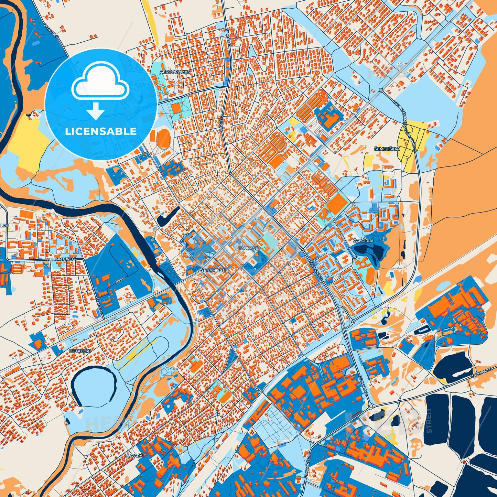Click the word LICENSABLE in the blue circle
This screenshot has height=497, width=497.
[101, 131]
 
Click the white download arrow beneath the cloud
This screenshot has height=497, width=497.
[96, 111]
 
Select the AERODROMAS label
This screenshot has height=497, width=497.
[175, 72]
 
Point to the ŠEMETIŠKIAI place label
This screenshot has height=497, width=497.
[387, 149]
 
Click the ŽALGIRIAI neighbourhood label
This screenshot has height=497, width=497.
[363, 241]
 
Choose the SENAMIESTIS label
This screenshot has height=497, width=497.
[215, 270]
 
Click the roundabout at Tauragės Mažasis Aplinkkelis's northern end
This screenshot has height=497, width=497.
[381, 90]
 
